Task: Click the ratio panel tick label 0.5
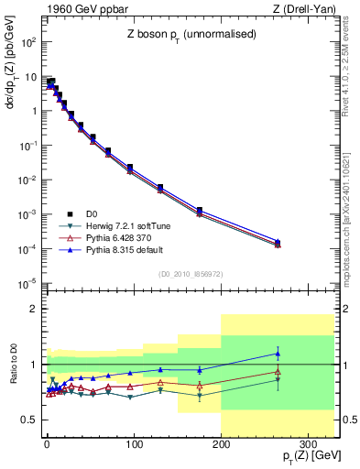point(33,420)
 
